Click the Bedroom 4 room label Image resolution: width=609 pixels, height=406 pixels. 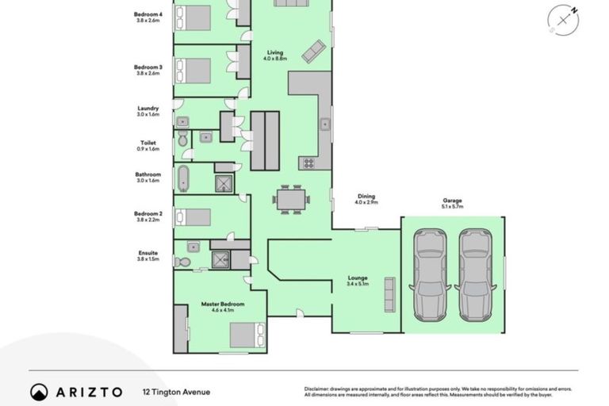pyautogui.click(x=147, y=13)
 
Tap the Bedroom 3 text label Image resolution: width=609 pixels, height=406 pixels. pyautogui.click(x=147, y=68)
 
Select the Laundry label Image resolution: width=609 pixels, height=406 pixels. pyautogui.click(x=147, y=109)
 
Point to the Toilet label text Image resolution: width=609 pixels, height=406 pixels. pyautogui.click(x=148, y=144)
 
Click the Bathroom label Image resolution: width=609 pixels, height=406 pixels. pyautogui.click(x=147, y=174)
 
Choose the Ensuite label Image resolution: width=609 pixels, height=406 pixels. pyautogui.click(x=148, y=253)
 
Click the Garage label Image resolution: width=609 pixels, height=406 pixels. pyautogui.click(x=452, y=201)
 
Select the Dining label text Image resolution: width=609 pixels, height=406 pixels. pyautogui.click(x=366, y=196)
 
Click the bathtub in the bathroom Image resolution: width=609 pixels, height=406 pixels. pyautogui.click(x=183, y=178)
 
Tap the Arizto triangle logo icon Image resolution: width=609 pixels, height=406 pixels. pyautogui.click(x=40, y=392)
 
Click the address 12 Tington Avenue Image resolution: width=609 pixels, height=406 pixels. pyautogui.click(x=176, y=392)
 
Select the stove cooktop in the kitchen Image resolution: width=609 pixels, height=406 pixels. pyautogui.click(x=308, y=163)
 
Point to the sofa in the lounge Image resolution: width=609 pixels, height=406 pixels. pyautogui.click(x=389, y=294)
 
